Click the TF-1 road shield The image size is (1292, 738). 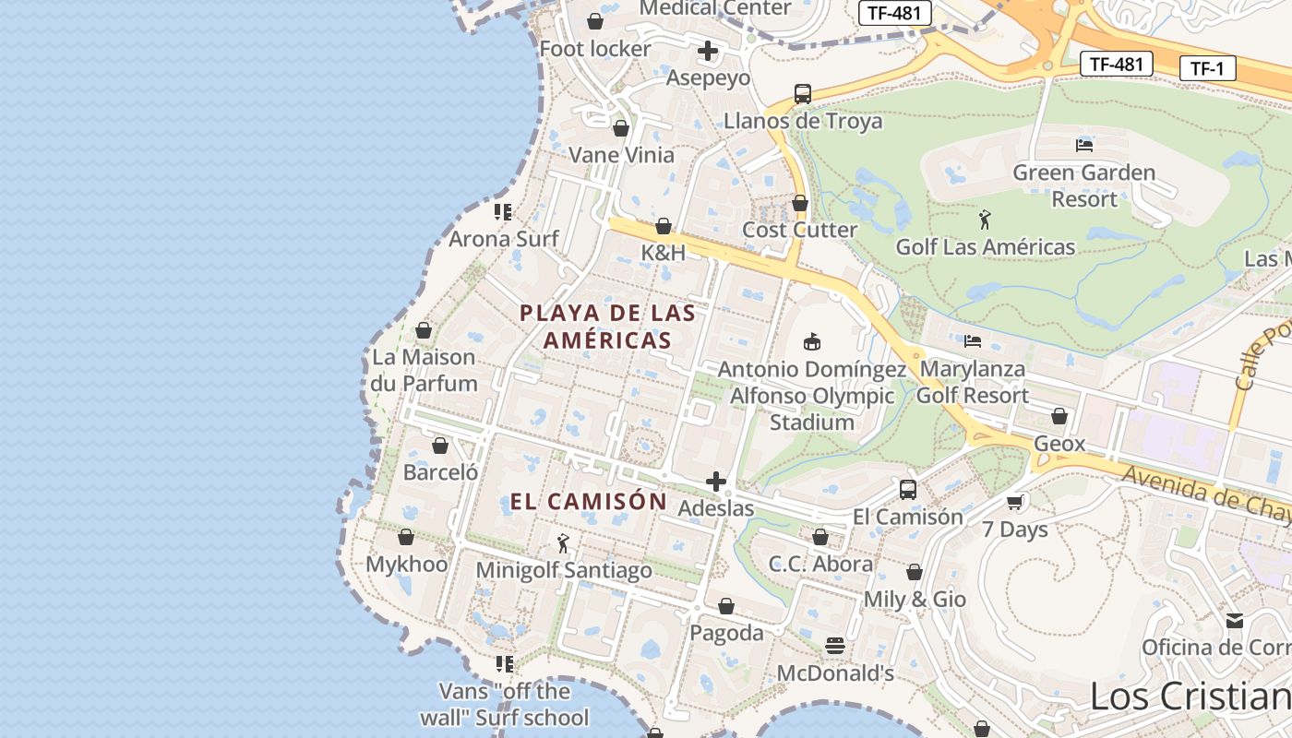(x=1207, y=68)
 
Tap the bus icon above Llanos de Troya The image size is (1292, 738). (x=802, y=93)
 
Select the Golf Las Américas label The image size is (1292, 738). (x=985, y=247)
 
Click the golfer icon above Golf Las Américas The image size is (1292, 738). (x=985, y=220)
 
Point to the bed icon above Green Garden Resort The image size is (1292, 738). (x=1083, y=145)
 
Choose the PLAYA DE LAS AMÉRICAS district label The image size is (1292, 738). (x=607, y=327)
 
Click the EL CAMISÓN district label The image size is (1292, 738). (x=589, y=502)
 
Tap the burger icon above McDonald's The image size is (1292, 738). (x=835, y=645)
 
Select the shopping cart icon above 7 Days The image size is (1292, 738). (x=1015, y=502)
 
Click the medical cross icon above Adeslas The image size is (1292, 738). (x=716, y=482)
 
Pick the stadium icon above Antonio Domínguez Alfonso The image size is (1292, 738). (x=812, y=342)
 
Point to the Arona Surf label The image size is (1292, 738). (x=504, y=240)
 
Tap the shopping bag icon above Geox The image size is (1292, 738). (x=1059, y=416)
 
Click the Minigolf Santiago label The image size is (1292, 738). (x=564, y=571)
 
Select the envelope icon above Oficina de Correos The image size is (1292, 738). (x=1235, y=621)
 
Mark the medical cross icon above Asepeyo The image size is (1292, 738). (x=708, y=51)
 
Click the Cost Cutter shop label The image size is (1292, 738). (x=800, y=230)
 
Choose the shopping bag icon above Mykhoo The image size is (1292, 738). (x=406, y=537)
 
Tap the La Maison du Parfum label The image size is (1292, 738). (x=425, y=370)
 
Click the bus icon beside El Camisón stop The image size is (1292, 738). (x=908, y=490)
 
